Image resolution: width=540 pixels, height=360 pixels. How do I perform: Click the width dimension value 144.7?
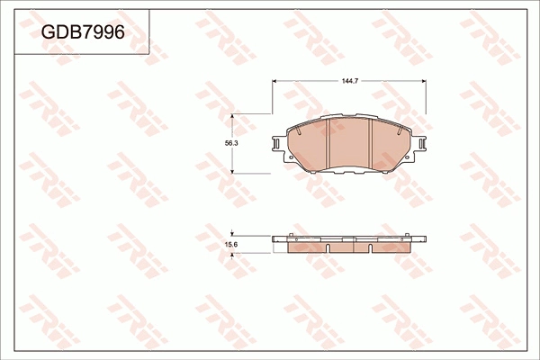point(350,82)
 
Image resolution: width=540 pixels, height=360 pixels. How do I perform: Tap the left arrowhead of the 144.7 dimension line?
point(274,82)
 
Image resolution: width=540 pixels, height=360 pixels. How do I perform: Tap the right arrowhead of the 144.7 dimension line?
point(426,82)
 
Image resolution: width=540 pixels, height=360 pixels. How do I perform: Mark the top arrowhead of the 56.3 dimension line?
point(233,116)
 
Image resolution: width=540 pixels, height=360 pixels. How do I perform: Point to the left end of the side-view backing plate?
point(274,238)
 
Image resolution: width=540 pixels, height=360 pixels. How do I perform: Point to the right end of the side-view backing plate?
point(426,238)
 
